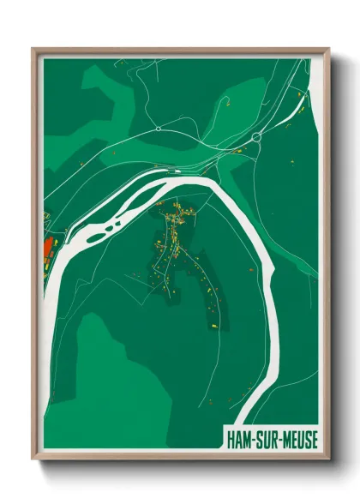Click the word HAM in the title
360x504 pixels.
pos(239,440)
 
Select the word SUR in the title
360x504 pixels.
pos(264,440)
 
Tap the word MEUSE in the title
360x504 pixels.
pos(297,440)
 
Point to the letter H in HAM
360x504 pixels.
pos(231,440)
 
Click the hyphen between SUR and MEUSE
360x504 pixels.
pos(277,441)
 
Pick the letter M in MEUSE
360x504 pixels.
pos(284,440)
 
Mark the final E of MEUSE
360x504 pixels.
pos(312,440)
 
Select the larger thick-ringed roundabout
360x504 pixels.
pos(255,137)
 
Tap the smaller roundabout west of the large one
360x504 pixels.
pos(159,129)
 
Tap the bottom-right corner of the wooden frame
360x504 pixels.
pos(328,460)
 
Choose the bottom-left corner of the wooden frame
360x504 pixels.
pos(33,460)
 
